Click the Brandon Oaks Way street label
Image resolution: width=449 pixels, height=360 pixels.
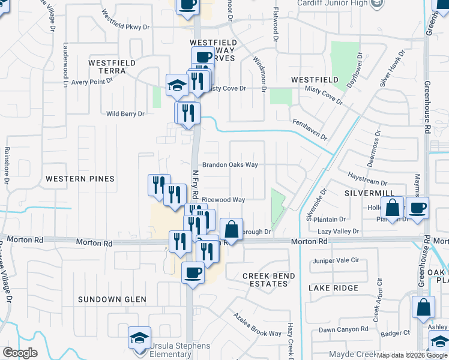[x=230, y=164]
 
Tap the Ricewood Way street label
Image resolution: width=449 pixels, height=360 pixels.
[x=223, y=200]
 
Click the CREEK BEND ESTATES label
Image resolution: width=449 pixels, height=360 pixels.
[x=268, y=280]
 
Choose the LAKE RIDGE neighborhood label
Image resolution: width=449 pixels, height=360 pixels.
[x=333, y=288]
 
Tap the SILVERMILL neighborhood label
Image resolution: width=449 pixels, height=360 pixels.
[x=369, y=193]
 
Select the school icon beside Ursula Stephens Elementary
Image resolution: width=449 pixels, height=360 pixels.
[x=139, y=338]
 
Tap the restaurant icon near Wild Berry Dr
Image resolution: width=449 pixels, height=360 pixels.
[x=187, y=113]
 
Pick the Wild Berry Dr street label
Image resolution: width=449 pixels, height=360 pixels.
[x=125, y=113]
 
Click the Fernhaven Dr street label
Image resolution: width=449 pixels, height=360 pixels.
[x=310, y=129]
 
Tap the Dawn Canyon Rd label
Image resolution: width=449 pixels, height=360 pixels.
[x=343, y=329]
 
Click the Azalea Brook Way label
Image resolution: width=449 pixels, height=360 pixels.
[x=258, y=325]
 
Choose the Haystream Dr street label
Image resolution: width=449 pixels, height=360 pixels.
[x=368, y=178]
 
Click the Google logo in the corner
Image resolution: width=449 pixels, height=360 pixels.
[x=20, y=353]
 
